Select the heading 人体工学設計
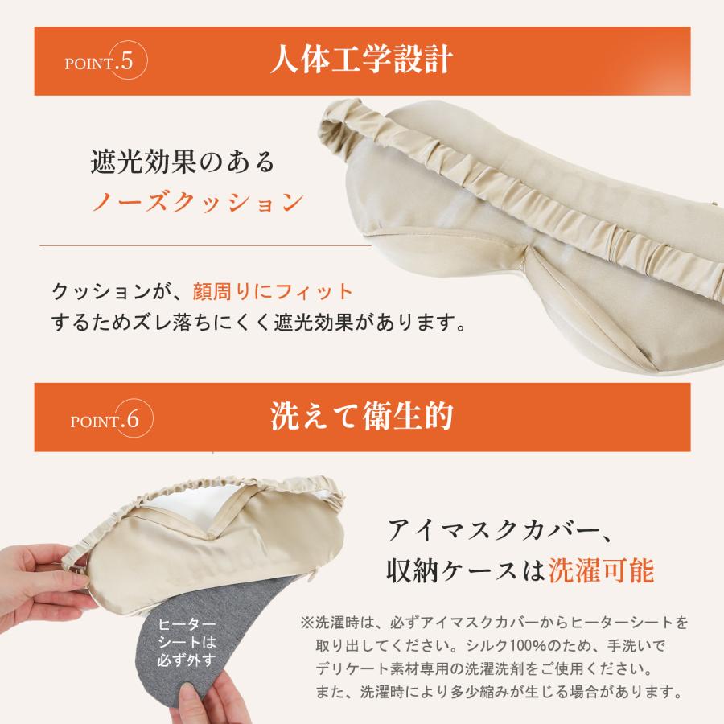[x=361, y=62]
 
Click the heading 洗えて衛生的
[x=361, y=417]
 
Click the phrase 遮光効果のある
[x=183, y=162]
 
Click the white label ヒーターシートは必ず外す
[x=187, y=643]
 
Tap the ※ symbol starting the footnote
[x=306, y=623]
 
